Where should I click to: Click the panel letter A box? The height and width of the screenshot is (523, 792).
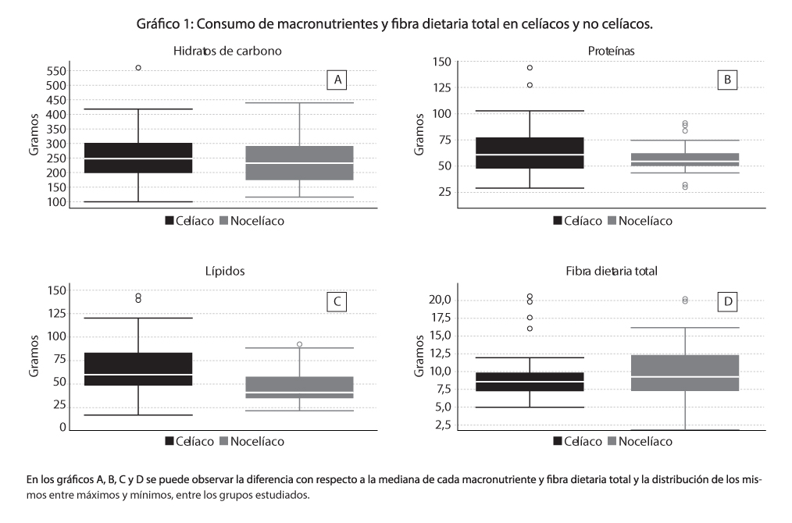pyautogui.click(x=337, y=80)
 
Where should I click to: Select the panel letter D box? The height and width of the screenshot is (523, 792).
pyautogui.click(x=728, y=301)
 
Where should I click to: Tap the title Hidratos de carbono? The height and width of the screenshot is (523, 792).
pyautogui.click(x=227, y=51)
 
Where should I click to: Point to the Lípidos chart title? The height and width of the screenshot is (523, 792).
pyautogui.click(x=226, y=271)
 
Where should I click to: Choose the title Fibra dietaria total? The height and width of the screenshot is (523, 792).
pyautogui.click(x=612, y=271)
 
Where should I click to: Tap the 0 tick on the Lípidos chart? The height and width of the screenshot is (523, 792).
pyautogui.click(x=62, y=428)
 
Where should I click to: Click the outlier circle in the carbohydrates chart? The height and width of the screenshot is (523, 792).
pyautogui.click(x=138, y=68)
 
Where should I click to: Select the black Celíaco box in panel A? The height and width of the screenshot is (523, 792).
pyautogui.click(x=138, y=158)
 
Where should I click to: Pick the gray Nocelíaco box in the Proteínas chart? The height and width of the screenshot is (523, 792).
pyautogui.click(x=686, y=160)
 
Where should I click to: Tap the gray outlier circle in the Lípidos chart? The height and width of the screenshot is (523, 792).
pyautogui.click(x=299, y=344)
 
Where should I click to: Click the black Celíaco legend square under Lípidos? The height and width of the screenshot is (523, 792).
pyautogui.click(x=169, y=441)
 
